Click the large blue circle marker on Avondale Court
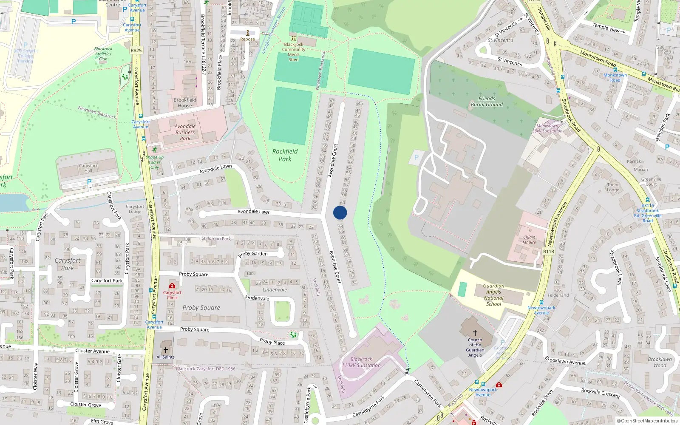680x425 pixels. pos(340,212)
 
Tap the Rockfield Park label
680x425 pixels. pos(285,155)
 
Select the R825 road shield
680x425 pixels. pos(136,50)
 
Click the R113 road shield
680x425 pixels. pos(549,252)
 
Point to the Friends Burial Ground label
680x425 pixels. pos(487,101)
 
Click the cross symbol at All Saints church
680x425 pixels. pos(166,350)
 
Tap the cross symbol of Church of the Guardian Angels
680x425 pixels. pos(475,332)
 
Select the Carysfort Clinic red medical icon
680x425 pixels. pos(172,286)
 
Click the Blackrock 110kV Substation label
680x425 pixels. pos(361,362)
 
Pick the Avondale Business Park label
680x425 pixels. pos(185,132)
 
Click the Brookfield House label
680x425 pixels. pos(185,103)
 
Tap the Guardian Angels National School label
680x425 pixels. pos(493,295)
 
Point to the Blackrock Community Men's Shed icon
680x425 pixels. pos(293,39)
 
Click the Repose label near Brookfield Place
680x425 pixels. pos(247,39)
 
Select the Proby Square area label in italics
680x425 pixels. pos(201,308)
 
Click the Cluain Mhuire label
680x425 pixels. pos(529,240)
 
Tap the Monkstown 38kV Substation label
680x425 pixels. pos(547,128)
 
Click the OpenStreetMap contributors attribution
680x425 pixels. pos(647,421)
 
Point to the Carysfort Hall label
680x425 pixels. pos(88,168)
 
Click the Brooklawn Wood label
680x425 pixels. pos(660,362)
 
